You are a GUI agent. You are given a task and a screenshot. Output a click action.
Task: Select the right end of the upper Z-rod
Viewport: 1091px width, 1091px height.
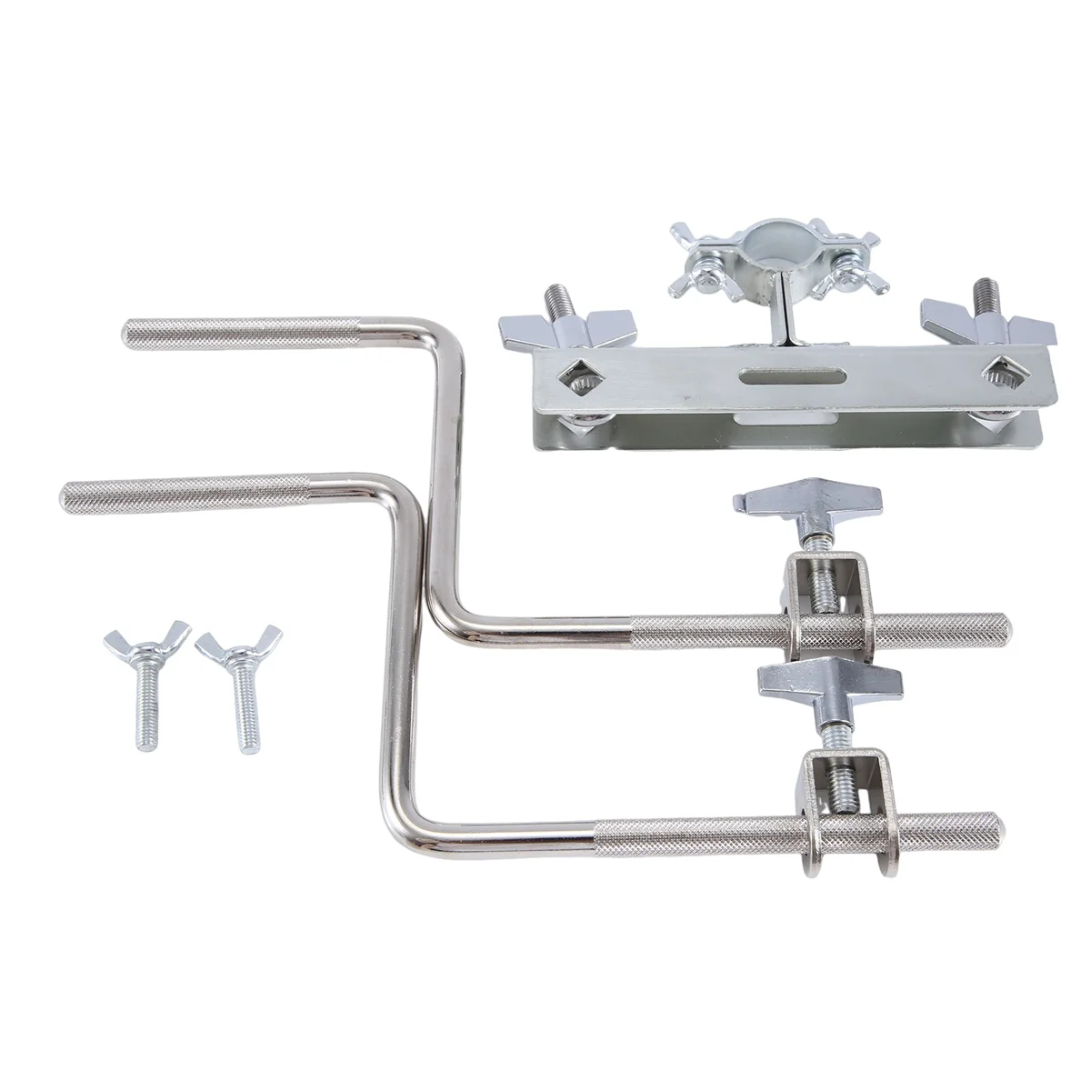point(1000,627)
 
